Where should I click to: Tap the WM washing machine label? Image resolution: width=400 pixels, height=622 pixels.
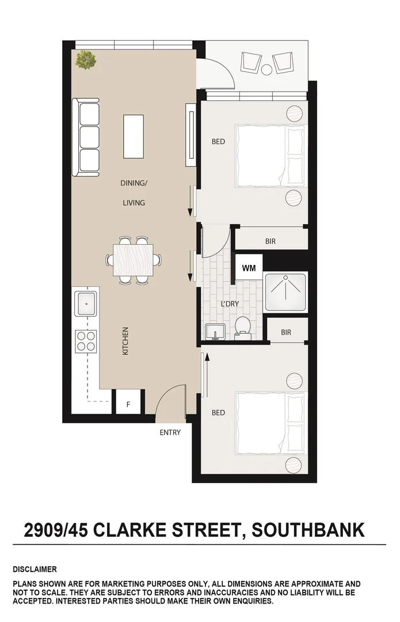pos(249,268)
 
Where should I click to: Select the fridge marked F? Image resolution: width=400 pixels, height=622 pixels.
pos(128,404)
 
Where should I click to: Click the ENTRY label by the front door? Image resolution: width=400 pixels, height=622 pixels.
pos(170,433)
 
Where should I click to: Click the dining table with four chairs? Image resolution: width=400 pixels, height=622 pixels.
pos(134,260)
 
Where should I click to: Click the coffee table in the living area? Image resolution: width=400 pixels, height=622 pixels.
pos(133,137)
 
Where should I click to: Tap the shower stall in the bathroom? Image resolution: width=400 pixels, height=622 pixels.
pos(286,293)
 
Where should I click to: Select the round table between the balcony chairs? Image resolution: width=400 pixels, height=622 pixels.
pos(266,69)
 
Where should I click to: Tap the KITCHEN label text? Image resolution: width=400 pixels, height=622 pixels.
pos(125,341)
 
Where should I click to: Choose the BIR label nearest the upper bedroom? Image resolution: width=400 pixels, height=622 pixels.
pos(270,242)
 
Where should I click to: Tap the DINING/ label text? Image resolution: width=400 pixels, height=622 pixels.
pos(134,183)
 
